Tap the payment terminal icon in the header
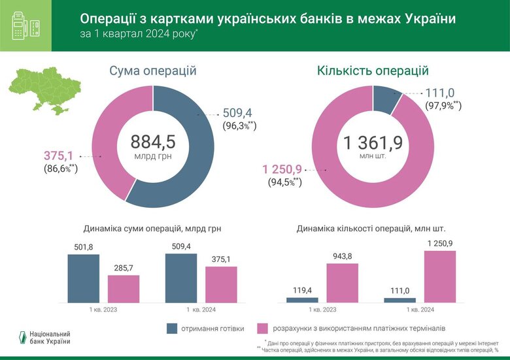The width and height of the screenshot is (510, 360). pyautogui.click(x=25, y=25)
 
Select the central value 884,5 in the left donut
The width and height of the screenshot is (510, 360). pyautogui.click(x=153, y=142)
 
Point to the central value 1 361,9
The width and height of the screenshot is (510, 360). pyautogui.click(x=373, y=142)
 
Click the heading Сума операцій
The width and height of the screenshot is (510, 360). pyautogui.click(x=153, y=71)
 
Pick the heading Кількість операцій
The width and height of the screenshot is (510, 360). pyautogui.click(x=373, y=71)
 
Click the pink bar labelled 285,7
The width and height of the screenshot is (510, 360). pyautogui.click(x=124, y=289)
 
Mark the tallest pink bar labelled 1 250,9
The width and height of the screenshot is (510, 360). pyautogui.click(x=440, y=276)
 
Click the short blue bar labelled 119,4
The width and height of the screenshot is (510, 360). pyautogui.click(x=302, y=300)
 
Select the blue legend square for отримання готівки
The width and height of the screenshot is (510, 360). pyautogui.click(x=173, y=328)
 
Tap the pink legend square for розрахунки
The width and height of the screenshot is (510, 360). pyautogui.click(x=264, y=328)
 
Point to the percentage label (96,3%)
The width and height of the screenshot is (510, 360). pyautogui.click(x=239, y=125)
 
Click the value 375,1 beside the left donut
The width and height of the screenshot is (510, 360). pyautogui.click(x=59, y=155)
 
